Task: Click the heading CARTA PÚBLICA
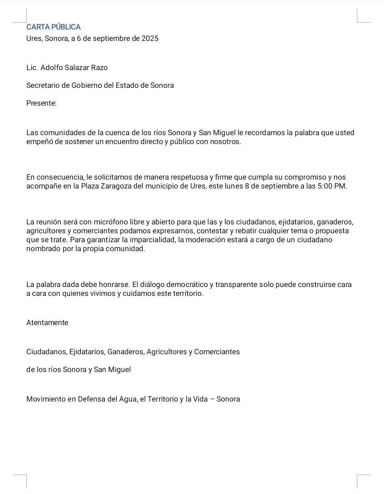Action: pos(53,27)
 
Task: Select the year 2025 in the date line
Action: pos(150,38)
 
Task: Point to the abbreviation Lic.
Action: pos(32,68)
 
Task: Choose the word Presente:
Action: pos(41,103)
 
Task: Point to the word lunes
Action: pos(234,186)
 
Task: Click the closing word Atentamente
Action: pos(47,323)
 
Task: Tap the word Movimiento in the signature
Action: pos(46,399)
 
